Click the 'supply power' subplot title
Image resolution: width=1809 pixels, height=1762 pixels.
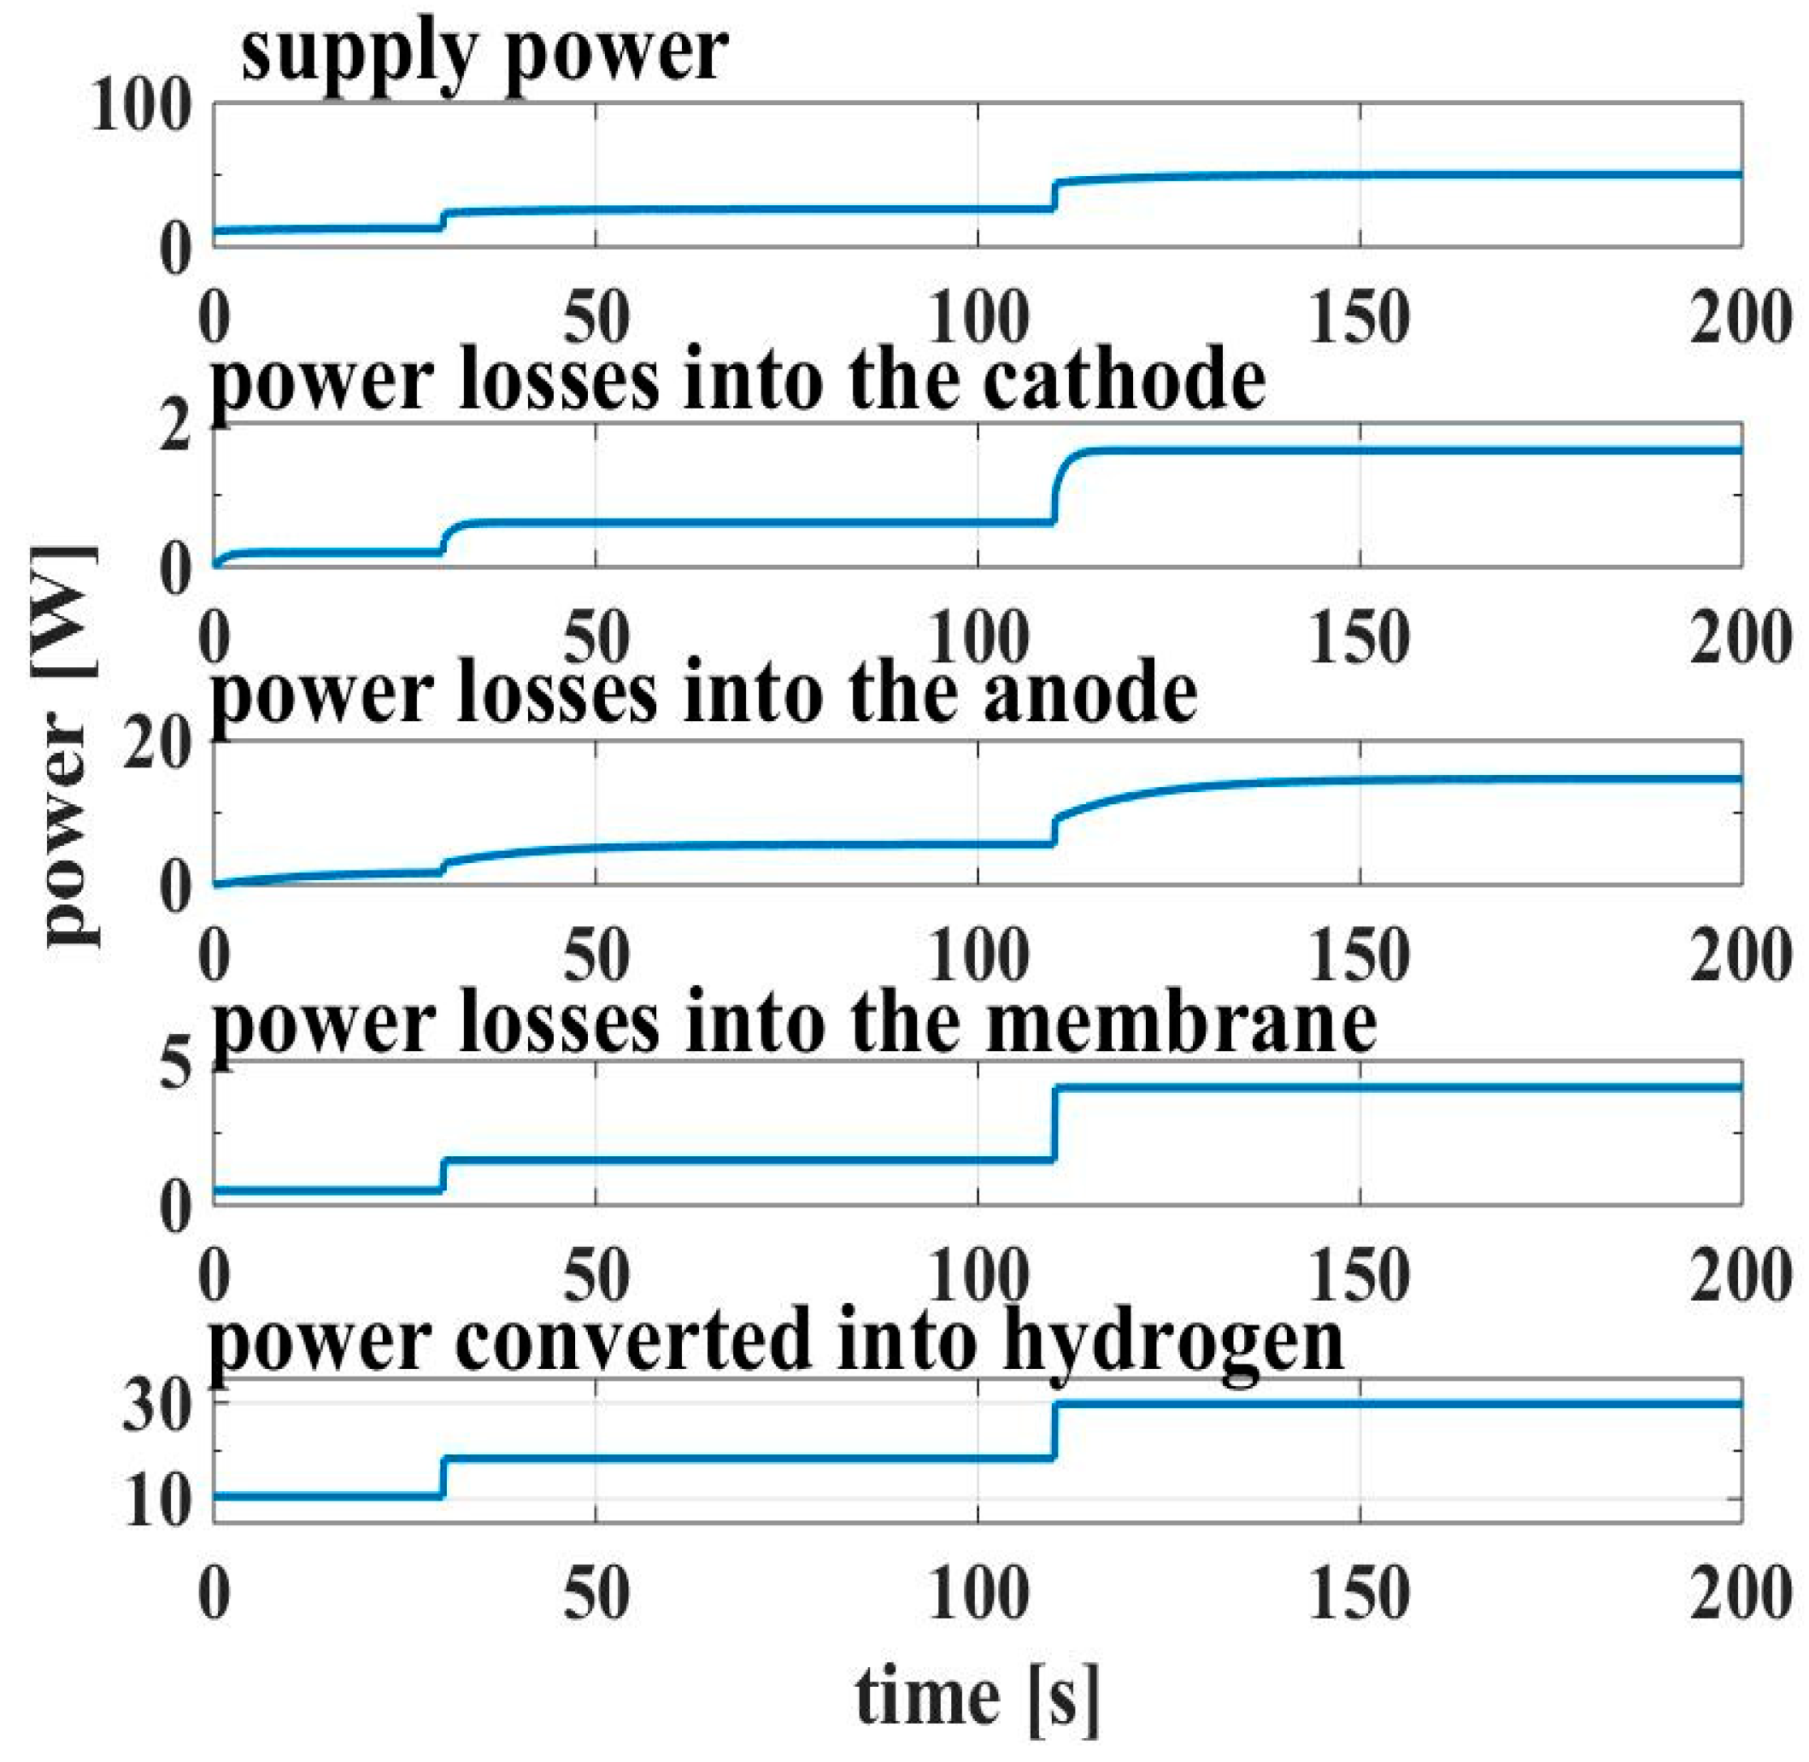click(x=484, y=54)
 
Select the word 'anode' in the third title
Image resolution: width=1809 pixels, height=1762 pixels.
click(x=1090, y=696)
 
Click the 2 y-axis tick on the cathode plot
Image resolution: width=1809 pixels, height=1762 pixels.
click(x=176, y=427)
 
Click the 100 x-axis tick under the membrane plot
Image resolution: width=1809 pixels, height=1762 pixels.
click(x=978, y=1276)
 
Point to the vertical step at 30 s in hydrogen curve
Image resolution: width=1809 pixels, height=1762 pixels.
click(x=443, y=1478)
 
